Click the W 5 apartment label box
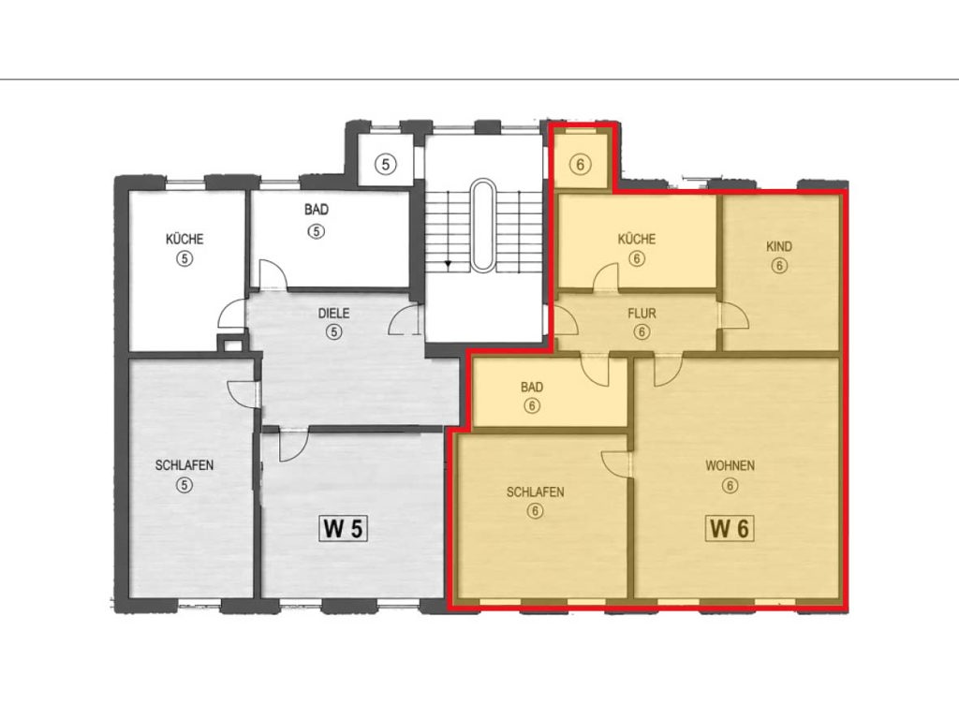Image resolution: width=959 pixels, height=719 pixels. click(343, 528)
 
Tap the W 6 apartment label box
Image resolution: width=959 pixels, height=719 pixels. click(730, 528)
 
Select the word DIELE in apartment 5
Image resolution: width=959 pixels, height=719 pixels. click(334, 313)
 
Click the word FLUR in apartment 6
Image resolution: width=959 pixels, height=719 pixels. click(642, 314)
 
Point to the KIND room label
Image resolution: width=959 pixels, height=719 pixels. click(779, 246)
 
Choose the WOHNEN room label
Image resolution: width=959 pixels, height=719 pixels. click(730, 466)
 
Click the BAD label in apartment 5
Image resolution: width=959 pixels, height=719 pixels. click(317, 210)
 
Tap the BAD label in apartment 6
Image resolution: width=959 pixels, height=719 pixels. click(532, 387)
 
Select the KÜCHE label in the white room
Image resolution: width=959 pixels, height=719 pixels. click(184, 239)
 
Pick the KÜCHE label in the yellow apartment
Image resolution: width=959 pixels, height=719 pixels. click(637, 239)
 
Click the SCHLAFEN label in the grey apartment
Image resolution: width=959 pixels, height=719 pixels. click(184, 466)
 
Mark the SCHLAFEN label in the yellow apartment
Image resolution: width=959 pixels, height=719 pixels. click(535, 492)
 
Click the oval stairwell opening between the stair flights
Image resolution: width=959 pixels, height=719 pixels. click(483, 225)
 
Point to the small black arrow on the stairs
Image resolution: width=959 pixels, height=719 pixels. click(448, 264)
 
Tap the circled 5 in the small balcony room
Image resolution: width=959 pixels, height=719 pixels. click(385, 164)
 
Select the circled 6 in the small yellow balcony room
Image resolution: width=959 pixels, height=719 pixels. click(581, 164)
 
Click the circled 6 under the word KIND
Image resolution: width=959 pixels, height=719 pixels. click(779, 266)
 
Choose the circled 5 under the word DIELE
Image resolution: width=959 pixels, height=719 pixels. click(334, 332)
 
